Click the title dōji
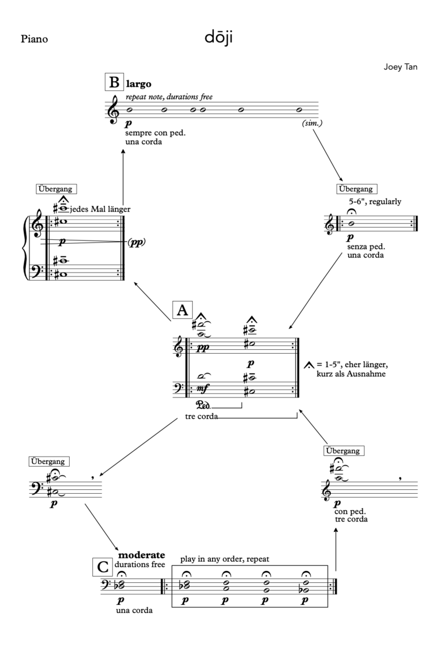pyautogui.click(x=220, y=39)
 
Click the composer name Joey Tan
pyautogui.click(x=401, y=67)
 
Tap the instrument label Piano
pyautogui.click(x=34, y=40)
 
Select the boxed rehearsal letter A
pyautogui.click(x=182, y=310)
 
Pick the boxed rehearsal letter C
pyautogui.click(x=102, y=566)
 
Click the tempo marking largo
pyautogui.click(x=139, y=84)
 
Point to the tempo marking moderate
pyautogui.click(x=141, y=554)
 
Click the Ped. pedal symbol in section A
pyautogui.click(x=202, y=405)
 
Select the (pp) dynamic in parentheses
pyautogui.click(x=135, y=242)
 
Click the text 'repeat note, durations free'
pyautogui.click(x=169, y=97)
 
